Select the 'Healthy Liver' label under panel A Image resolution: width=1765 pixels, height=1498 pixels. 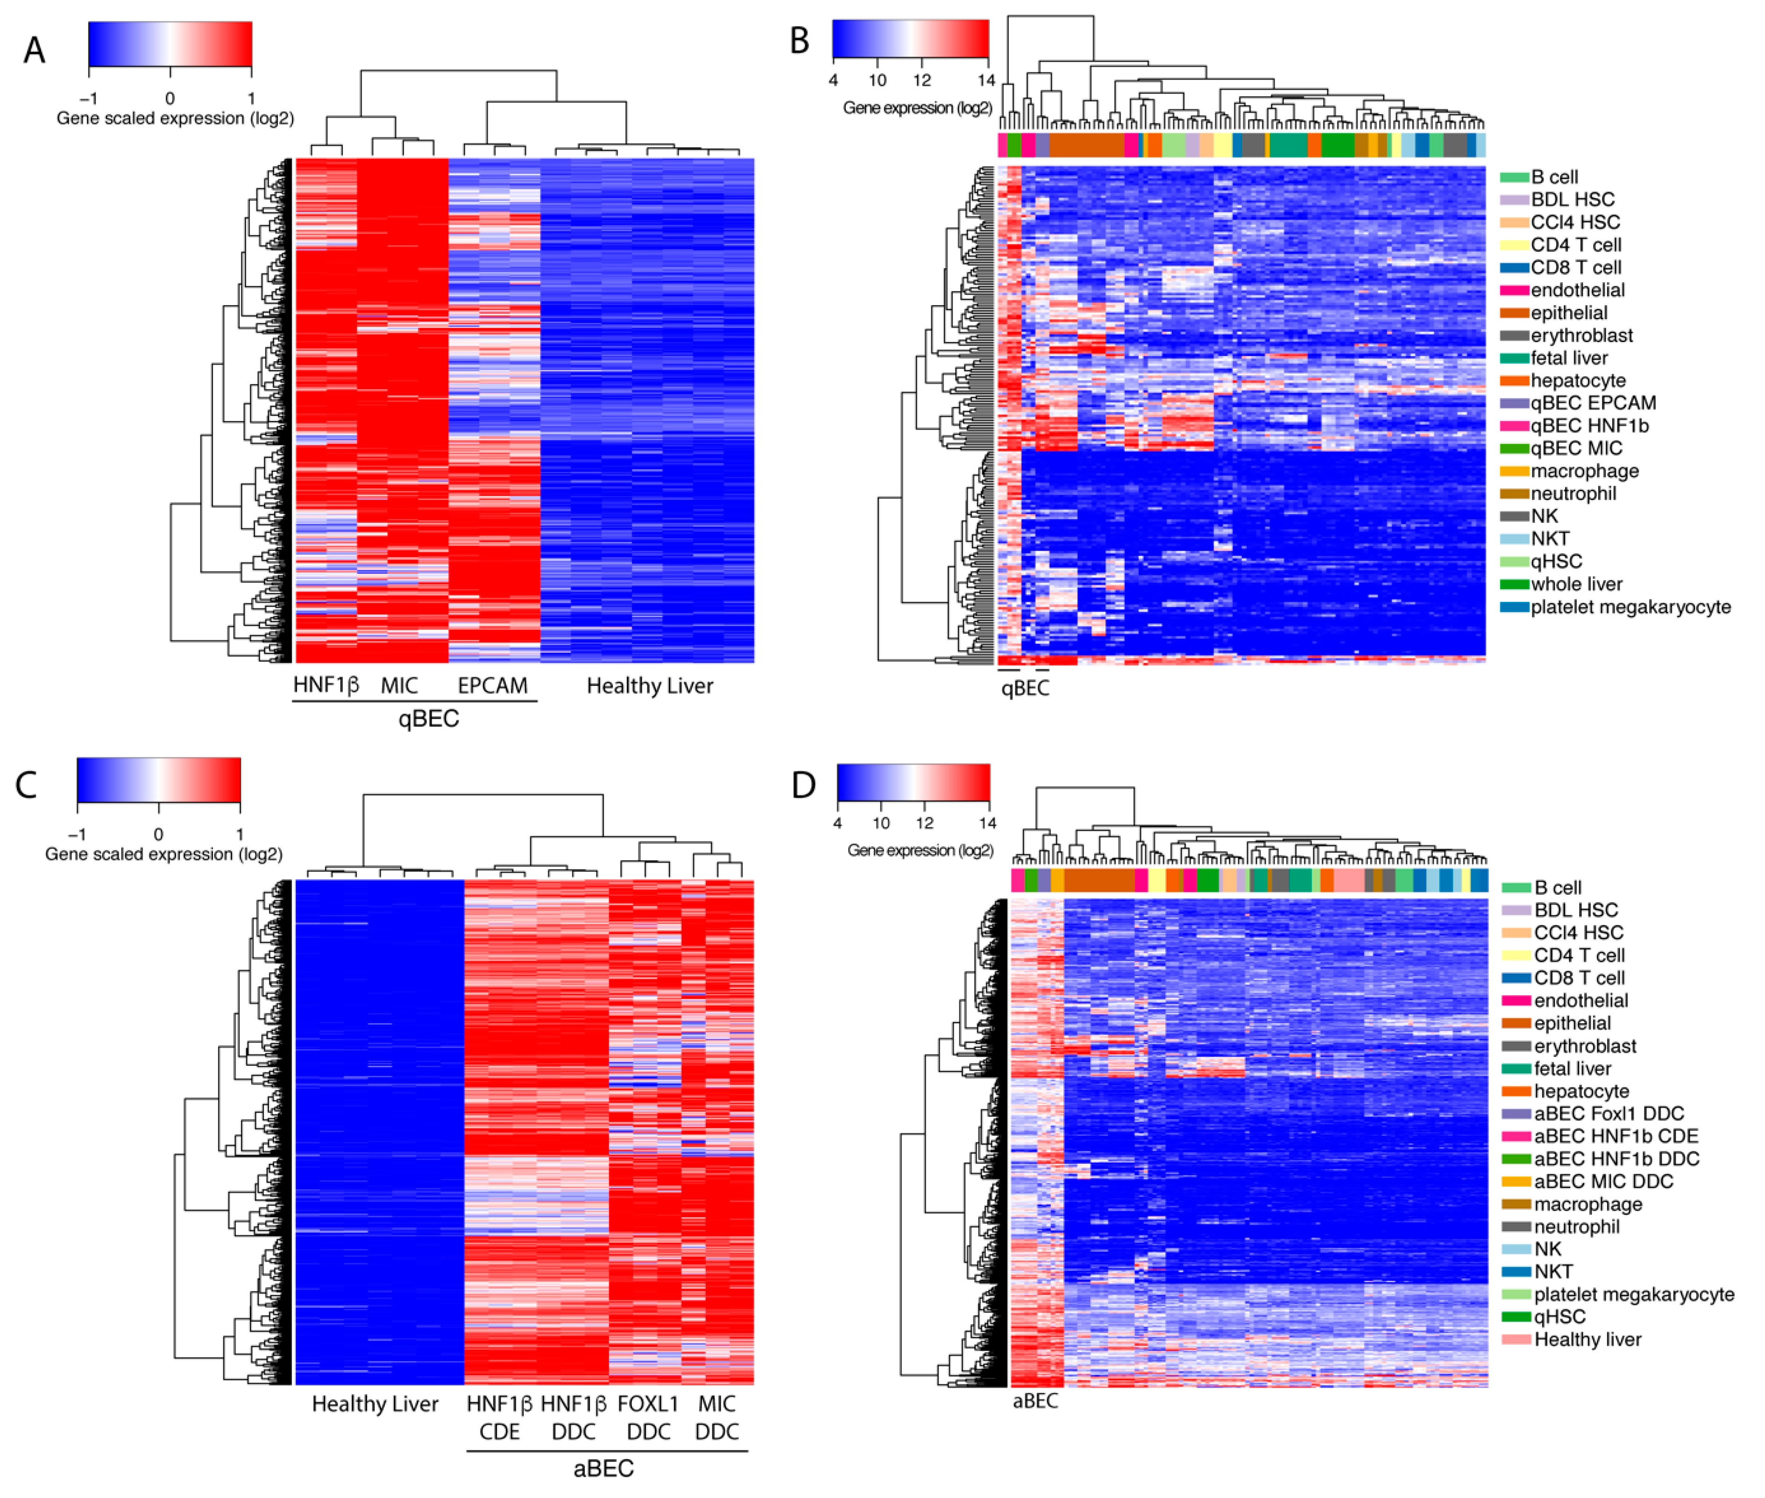[650, 686]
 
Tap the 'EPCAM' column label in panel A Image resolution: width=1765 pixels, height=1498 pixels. [492, 686]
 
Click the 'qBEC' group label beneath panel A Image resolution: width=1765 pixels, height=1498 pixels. [429, 719]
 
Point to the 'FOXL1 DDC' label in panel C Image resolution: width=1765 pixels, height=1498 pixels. [649, 1418]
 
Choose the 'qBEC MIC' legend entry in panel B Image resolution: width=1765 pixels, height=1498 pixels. [1576, 449]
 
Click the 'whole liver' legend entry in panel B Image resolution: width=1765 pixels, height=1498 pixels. [1576, 584]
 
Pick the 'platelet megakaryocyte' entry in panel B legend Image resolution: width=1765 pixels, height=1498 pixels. [1630, 607]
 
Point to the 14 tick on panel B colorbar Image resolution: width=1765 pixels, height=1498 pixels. [985, 81]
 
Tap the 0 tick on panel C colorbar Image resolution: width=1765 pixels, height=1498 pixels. [158, 835]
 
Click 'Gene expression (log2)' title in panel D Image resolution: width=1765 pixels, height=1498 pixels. [920, 850]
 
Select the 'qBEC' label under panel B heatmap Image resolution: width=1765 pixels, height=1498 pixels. [1025, 689]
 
